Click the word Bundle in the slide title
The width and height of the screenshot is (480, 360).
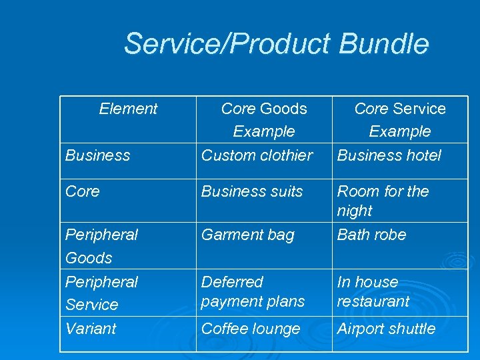tap(383, 44)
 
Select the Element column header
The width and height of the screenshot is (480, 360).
tap(128, 109)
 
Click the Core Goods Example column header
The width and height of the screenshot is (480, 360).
tap(264, 120)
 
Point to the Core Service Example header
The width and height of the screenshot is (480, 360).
tap(400, 120)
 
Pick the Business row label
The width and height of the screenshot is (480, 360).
tap(97, 155)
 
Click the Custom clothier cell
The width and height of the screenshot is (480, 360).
tap(257, 155)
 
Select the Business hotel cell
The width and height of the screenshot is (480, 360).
tap(389, 155)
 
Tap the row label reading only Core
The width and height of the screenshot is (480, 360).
tap(83, 191)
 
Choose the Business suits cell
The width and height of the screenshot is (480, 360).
tap(252, 191)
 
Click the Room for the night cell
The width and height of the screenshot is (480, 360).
tap(383, 201)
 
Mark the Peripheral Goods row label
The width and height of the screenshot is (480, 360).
tap(101, 246)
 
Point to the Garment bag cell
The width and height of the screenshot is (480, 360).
tap(247, 235)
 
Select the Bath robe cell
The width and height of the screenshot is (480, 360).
tap(371, 235)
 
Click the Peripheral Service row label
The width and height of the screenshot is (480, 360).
tap(101, 293)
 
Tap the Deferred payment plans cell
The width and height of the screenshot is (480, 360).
tap(253, 291)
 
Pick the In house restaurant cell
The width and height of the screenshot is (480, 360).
tap(373, 291)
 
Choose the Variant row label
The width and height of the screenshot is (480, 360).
tap(91, 329)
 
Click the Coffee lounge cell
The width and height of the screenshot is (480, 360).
tap(251, 329)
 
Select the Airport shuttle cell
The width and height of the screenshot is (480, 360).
tap(386, 329)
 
